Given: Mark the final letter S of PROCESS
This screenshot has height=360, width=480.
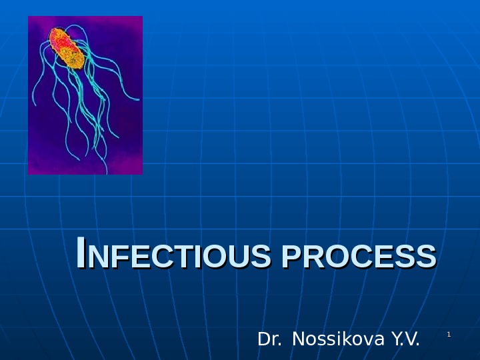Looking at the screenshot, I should (427, 257).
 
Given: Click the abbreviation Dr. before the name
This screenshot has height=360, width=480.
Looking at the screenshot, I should (269, 340).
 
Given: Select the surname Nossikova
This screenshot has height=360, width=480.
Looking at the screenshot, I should (339, 340).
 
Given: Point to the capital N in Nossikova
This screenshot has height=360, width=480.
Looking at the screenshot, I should (298, 340).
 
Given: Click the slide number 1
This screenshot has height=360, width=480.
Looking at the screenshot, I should (449, 333).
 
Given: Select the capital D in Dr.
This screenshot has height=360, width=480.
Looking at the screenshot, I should (262, 340).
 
